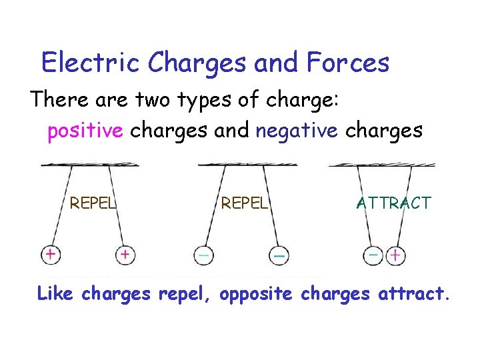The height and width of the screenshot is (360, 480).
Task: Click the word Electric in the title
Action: pos(90,62)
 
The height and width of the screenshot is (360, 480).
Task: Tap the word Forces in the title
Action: pos(348,62)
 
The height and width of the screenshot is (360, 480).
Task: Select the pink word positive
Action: pos(85,131)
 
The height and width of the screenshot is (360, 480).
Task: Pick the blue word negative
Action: pos(297,131)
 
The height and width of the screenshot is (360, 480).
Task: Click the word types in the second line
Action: pos(204,100)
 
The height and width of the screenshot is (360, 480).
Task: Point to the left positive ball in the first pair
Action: pos(51,255)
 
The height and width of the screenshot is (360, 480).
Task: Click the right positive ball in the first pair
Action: pos(125,255)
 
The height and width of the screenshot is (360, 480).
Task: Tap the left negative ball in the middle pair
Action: pos(204,255)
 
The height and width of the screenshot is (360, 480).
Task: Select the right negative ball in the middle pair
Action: pos(279,255)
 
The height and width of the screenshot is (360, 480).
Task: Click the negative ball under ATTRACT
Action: pos(373,255)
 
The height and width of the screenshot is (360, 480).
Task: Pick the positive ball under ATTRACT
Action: pos(395,255)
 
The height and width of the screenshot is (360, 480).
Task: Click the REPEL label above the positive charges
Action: pos(93,203)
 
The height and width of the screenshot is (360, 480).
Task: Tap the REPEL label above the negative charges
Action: pos(244,203)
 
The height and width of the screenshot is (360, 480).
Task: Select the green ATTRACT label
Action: pos(394,203)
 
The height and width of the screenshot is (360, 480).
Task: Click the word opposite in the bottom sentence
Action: pos(256,294)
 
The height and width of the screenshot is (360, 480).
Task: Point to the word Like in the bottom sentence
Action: pos(55,293)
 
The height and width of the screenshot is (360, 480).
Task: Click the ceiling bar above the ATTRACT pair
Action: pos(382,165)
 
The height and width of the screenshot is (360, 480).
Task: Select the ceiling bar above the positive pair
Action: pos(90,165)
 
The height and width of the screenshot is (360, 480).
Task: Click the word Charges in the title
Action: pos(197,63)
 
